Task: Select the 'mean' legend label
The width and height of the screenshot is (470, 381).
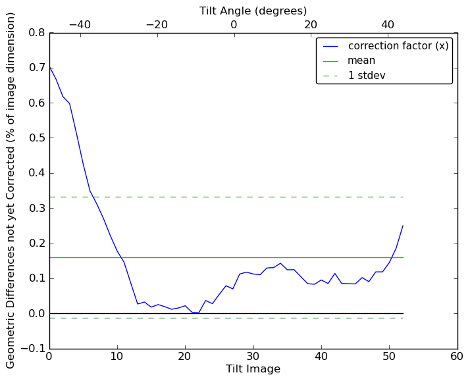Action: (361, 61)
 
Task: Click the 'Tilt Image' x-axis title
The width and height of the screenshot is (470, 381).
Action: (253, 369)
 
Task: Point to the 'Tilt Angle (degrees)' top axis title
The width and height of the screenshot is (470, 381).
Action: (253, 11)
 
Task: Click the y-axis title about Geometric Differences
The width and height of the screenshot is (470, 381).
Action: (11, 190)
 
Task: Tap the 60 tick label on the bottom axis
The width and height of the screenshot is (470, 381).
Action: (457, 357)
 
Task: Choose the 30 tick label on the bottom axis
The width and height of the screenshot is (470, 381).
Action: (253, 357)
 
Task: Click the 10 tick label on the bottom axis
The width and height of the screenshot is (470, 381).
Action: (117, 357)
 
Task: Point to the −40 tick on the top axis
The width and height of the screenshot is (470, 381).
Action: (80, 24)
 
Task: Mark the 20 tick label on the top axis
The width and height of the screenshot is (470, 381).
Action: (311, 24)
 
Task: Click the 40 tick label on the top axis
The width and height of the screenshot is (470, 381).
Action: (388, 24)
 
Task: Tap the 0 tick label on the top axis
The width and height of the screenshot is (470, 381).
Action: (234, 24)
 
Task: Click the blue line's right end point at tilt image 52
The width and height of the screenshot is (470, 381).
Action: (403, 226)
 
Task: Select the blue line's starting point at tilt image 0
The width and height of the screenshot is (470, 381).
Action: (49, 66)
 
